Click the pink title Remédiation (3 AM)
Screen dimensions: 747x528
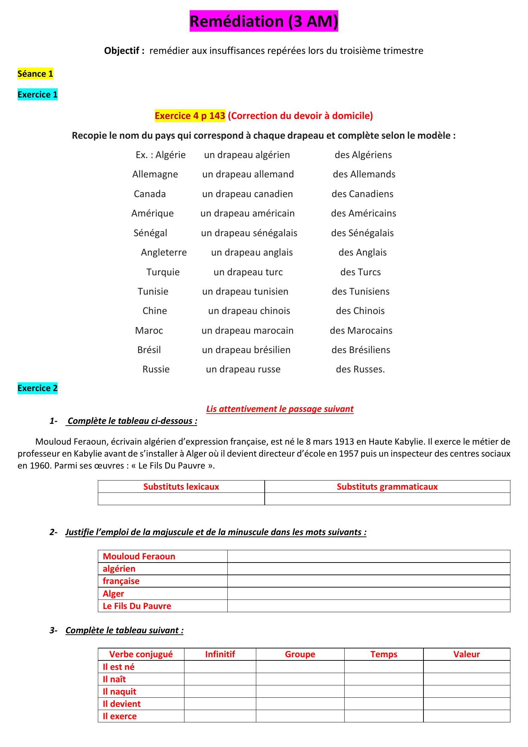[x=264, y=21]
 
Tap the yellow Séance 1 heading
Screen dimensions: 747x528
[x=35, y=74]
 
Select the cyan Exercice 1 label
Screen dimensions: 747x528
[x=37, y=95]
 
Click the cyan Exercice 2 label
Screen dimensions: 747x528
[x=37, y=388]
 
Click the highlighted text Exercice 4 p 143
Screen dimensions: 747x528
[x=190, y=116]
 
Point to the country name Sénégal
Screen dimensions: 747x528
[x=150, y=233]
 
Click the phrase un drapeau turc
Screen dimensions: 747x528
[x=248, y=272]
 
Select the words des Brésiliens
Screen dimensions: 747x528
[x=360, y=350]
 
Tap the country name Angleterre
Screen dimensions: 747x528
[x=164, y=252]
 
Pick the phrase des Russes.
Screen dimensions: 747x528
[x=360, y=369]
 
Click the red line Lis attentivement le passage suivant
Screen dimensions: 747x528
[x=279, y=409]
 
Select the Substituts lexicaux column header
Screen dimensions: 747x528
[x=181, y=487]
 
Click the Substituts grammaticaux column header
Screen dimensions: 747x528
[x=387, y=487]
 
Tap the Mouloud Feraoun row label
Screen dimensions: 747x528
[x=139, y=557]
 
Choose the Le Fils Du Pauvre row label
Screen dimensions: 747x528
[x=137, y=606]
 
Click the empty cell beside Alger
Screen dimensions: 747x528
[x=368, y=594]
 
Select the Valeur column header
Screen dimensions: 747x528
[x=466, y=654]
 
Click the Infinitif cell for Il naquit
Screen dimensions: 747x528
[x=220, y=692]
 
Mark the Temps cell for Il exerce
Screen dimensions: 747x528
[x=383, y=716]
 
